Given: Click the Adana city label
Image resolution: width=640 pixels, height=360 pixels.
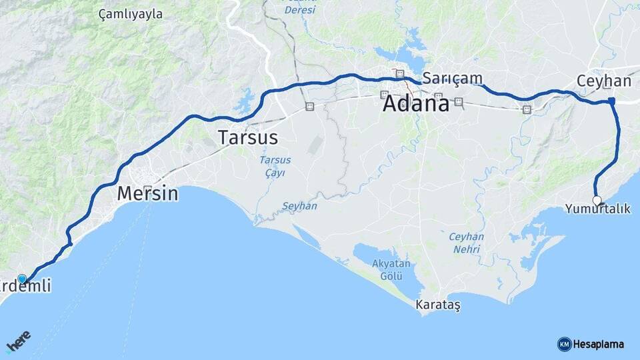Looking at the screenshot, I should (x=415, y=105).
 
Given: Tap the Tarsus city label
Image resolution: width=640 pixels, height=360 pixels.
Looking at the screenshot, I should (x=247, y=138).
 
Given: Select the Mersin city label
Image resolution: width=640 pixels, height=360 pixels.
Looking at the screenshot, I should (x=147, y=194).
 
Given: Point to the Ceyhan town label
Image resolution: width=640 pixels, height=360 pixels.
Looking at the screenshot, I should (x=603, y=81).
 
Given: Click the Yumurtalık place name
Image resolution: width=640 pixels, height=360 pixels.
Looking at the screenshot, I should (x=597, y=209).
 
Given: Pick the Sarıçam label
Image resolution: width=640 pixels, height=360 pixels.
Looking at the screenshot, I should (x=453, y=79).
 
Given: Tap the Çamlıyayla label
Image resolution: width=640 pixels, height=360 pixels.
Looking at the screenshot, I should (x=130, y=14).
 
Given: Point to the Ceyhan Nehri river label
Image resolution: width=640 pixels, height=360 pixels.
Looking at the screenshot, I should (x=466, y=243).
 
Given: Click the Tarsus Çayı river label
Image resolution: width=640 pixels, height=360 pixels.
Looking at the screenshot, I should (x=271, y=167).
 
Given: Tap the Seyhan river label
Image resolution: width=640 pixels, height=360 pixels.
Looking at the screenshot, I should (x=299, y=206).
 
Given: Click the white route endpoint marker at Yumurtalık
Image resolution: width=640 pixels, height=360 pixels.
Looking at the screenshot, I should (x=597, y=199).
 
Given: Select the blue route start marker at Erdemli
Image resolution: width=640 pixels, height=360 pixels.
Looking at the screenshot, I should (x=22, y=279).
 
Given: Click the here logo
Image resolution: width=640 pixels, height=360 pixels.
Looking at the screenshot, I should (x=18, y=341).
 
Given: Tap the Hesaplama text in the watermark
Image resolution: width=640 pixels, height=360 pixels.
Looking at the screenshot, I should (x=598, y=344).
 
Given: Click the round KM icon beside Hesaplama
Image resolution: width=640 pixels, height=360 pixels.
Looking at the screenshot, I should (x=564, y=344).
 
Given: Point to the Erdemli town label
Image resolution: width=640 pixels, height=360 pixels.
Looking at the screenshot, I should (x=27, y=287).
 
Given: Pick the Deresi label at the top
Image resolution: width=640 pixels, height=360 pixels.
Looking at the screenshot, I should (x=300, y=10).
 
